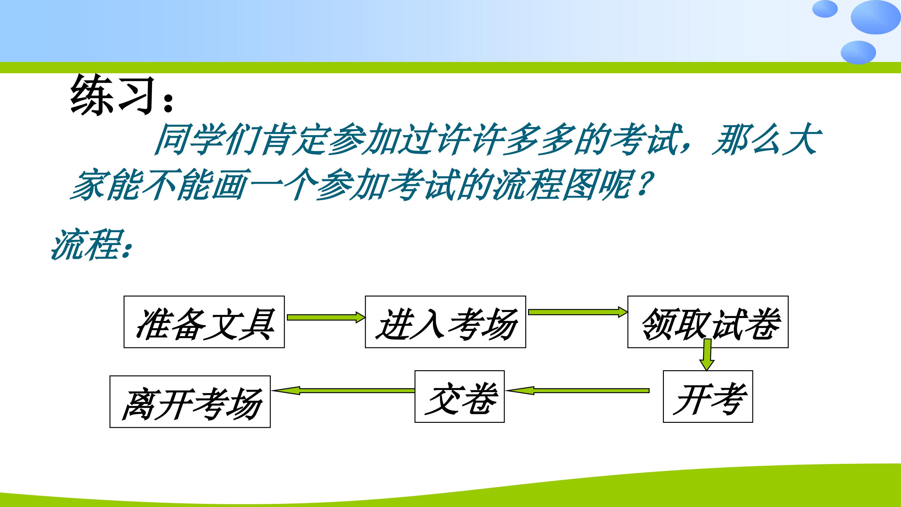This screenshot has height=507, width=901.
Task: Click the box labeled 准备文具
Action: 204,322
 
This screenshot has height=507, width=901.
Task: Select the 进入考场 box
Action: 445,322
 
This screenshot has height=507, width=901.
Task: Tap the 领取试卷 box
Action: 708,322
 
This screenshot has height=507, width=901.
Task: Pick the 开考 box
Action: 708,397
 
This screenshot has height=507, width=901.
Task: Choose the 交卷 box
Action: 460,397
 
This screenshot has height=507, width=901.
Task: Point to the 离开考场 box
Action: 190,402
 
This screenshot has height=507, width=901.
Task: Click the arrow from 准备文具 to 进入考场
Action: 326,317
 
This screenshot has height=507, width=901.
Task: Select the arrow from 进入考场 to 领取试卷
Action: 578,312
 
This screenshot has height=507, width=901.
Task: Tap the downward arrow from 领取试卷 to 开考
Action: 707,355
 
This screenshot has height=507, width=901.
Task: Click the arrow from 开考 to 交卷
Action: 578,391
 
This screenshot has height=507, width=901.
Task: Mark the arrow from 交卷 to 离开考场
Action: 343,391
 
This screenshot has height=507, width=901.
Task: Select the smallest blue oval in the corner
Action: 825,9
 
